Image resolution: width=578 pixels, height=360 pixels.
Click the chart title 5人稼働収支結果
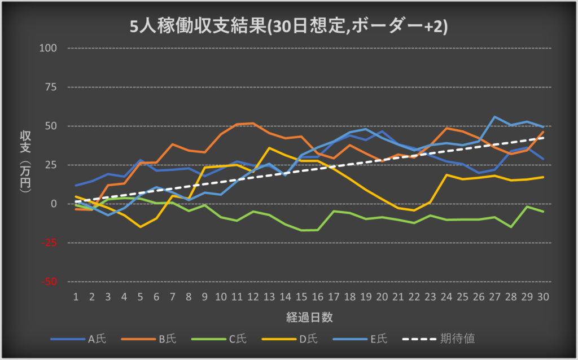pos(288,27)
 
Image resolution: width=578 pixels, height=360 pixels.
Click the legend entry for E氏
pos(379,339)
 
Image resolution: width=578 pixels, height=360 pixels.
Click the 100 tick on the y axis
pos(50,48)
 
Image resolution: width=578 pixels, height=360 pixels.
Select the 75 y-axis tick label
pos(52,87)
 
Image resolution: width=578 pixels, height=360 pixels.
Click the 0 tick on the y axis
pos(55,204)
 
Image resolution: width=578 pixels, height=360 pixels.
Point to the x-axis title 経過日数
pos(309,317)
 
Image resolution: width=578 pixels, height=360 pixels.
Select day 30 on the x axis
pos(544,297)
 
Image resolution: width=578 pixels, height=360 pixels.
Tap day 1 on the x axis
pos(76,297)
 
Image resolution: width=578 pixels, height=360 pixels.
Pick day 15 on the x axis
pos(301,297)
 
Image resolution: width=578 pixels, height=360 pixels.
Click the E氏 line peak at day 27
pos(495,117)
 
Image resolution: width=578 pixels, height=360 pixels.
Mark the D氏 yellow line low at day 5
pos(140,227)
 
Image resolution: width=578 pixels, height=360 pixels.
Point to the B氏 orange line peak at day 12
pos(253,123)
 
